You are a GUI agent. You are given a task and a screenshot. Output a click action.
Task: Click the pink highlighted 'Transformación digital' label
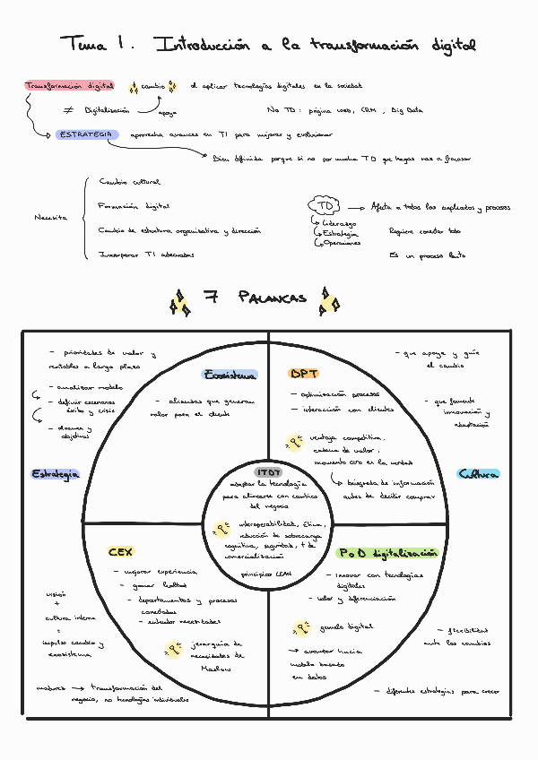pyautogui.click(x=70, y=86)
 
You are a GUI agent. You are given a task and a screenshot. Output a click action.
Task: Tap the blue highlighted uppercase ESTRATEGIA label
pyautogui.click(x=86, y=134)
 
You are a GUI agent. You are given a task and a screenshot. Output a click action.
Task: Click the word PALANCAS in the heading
pyautogui.click(x=273, y=298)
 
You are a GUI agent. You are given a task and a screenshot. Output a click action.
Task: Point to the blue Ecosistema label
pyautogui.click(x=230, y=375)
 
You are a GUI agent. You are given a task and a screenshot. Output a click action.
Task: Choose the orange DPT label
pyautogui.click(x=303, y=374)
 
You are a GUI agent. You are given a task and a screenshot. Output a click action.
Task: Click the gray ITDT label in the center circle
pyautogui.click(x=268, y=471)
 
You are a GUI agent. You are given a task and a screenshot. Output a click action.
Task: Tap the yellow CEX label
pyautogui.click(x=120, y=552)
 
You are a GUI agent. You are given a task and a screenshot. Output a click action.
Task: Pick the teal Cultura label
pyautogui.click(x=478, y=474)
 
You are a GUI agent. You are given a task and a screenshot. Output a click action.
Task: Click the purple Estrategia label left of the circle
pyautogui.click(x=56, y=473)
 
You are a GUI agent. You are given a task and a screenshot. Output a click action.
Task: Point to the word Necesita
pyautogui.click(x=50, y=218)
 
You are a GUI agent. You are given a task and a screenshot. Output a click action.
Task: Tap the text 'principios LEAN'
pyautogui.click(x=267, y=572)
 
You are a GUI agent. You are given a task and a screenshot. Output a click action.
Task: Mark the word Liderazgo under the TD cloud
pyautogui.click(x=339, y=222)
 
